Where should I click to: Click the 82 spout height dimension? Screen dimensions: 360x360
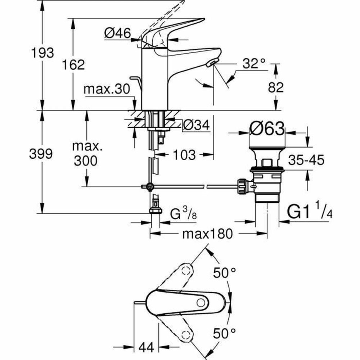pos(276,87)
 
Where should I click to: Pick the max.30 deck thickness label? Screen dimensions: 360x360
pos(106,89)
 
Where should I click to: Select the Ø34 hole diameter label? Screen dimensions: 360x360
pos(196,125)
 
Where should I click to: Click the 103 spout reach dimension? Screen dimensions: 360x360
pos(183,155)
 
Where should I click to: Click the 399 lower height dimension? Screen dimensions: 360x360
pos(41,154)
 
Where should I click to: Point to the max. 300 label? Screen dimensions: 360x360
pos(86,154)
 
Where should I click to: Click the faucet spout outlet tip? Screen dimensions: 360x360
pos(211,64)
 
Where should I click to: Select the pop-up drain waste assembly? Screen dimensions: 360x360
pos(266,173)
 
